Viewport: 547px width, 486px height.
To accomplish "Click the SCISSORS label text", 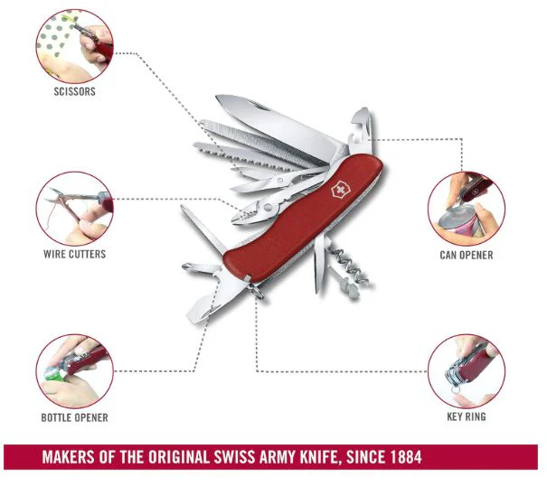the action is point(75,92).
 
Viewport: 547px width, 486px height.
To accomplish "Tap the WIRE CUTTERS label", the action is point(75,254).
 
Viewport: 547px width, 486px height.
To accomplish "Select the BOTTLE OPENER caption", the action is point(75,417).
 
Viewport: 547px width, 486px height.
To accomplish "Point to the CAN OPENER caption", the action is point(467,256).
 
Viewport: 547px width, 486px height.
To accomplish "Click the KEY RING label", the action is point(467,416).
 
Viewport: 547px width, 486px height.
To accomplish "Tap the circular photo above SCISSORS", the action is point(75,46).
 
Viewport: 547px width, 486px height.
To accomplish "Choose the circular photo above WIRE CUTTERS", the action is point(75,209).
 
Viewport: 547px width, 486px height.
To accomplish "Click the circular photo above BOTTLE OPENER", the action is point(75,371).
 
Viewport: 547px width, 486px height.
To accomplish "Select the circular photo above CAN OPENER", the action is point(467,209).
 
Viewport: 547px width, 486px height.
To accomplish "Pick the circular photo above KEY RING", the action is point(467,371).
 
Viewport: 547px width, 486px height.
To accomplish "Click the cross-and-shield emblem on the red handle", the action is point(338,190).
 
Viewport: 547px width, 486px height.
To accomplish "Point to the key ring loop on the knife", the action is point(257,292).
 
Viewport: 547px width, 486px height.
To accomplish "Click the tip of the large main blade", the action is point(217,97).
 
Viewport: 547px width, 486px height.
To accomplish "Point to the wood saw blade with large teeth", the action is point(244,156).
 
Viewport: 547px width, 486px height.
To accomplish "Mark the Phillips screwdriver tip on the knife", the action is point(184,266).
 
